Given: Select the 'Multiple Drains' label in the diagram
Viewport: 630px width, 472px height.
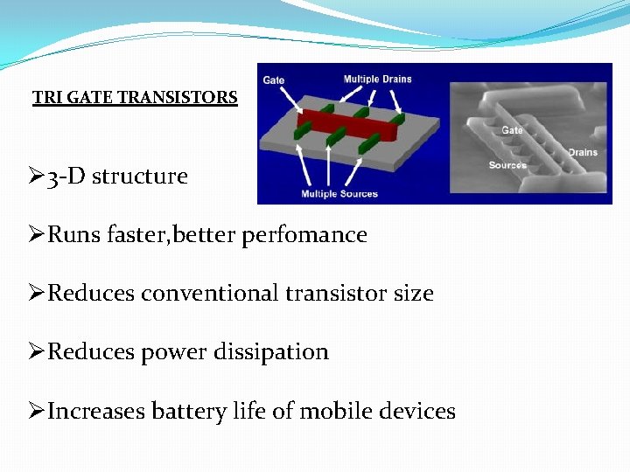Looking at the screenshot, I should pyautogui.click(x=377, y=80).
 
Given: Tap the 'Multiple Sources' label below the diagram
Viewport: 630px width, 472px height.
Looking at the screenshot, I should pyautogui.click(x=339, y=193).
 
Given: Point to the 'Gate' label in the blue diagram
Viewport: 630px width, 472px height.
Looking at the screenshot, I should pyautogui.click(x=274, y=80).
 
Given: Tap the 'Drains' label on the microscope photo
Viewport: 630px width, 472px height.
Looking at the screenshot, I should pyautogui.click(x=583, y=152).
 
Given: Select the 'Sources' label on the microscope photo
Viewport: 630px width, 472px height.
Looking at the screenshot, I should pyautogui.click(x=507, y=165).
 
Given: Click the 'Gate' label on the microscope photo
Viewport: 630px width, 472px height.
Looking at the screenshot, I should pyautogui.click(x=512, y=130).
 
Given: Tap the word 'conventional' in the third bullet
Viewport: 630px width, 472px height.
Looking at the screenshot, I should pyautogui.click(x=209, y=294).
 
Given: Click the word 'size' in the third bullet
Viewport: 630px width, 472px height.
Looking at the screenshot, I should pyautogui.click(x=414, y=294).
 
